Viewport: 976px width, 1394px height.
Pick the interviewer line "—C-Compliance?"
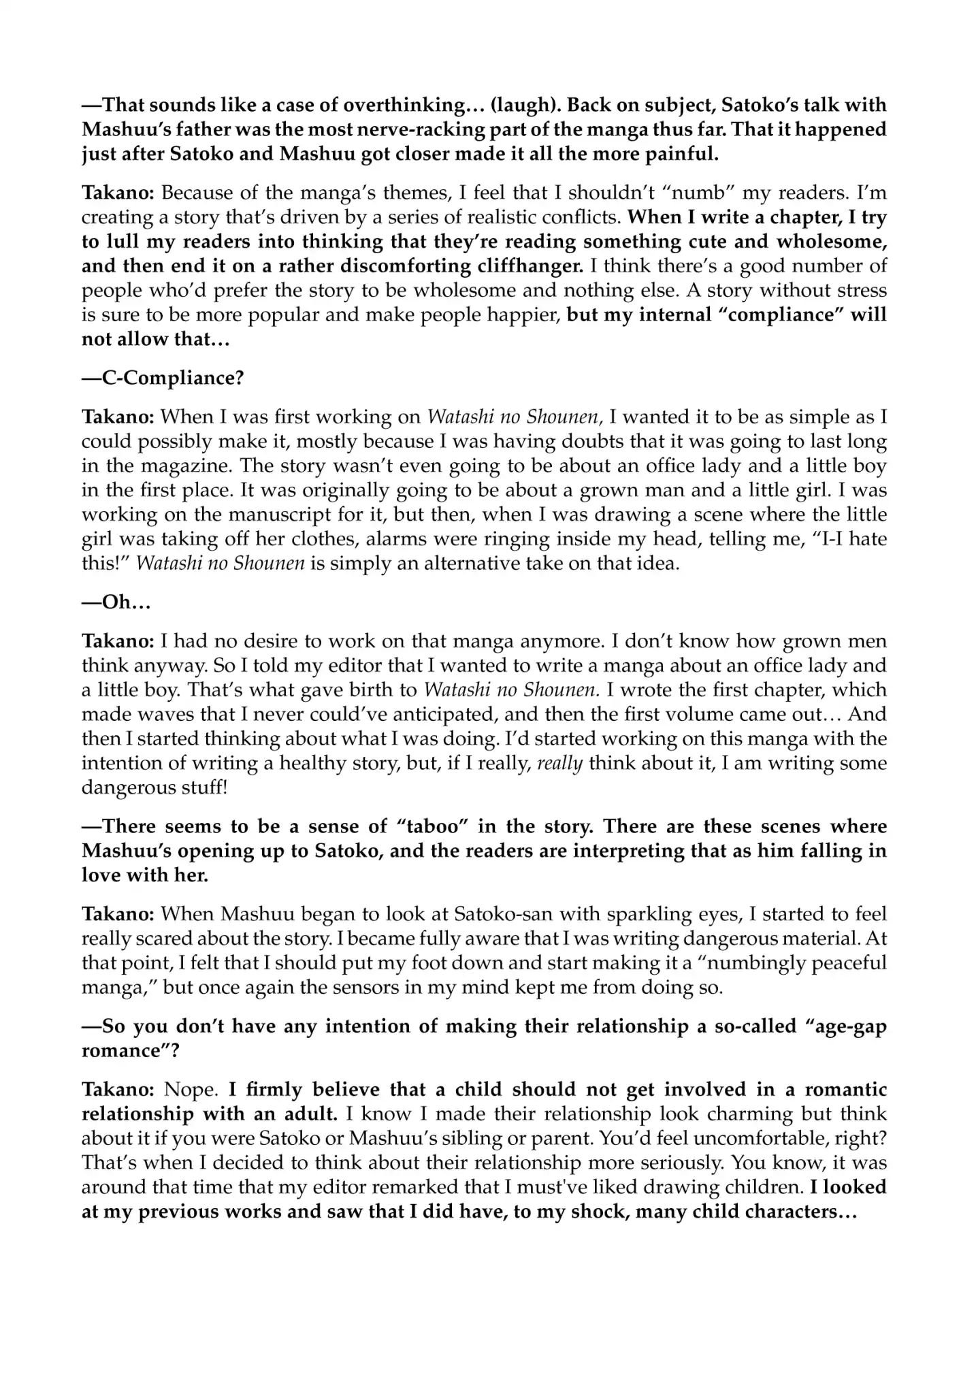pyautogui.click(x=163, y=378)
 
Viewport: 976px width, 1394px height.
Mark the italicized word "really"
pyautogui.click(x=559, y=763)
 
